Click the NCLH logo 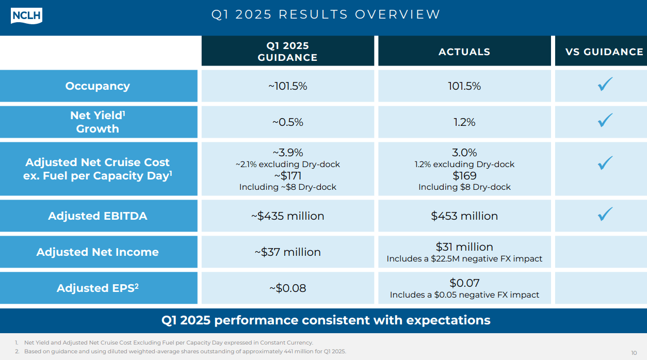click(26, 15)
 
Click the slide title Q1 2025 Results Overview click(326, 14)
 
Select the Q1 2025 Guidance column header click(287, 52)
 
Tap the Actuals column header click(464, 52)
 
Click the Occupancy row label click(98, 86)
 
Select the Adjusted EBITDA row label click(98, 216)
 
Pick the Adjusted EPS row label click(98, 288)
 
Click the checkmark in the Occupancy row click(605, 85)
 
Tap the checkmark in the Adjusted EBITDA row click(605, 214)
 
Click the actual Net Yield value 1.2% click(464, 122)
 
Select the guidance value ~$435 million click(287, 216)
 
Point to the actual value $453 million click(464, 216)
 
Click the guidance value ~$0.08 click(287, 288)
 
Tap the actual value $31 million click(464, 247)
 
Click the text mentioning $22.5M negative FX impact click(464, 259)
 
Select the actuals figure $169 click(464, 176)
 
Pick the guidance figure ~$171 click(287, 176)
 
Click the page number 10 click(634, 353)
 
